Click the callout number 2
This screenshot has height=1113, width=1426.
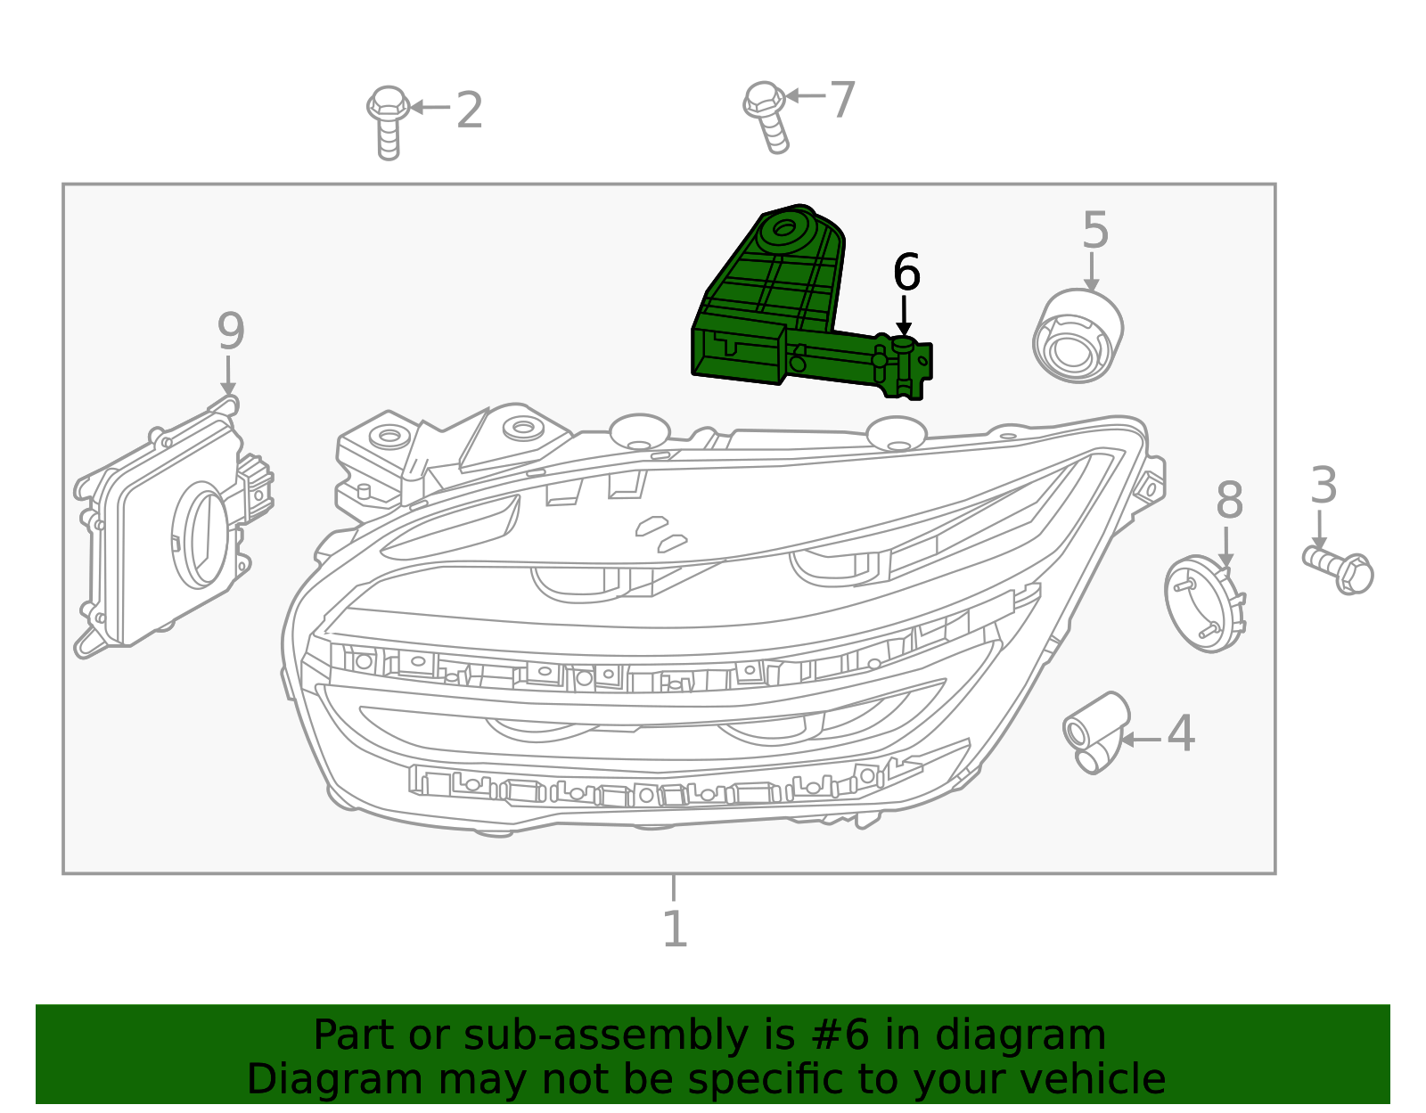click(469, 110)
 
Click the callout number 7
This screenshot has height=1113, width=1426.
click(842, 99)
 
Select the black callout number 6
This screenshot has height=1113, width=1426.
click(906, 273)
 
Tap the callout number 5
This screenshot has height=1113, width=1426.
click(1094, 231)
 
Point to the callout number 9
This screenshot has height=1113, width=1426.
click(231, 331)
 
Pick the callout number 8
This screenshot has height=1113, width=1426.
click(1229, 501)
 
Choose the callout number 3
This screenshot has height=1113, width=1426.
click(1324, 487)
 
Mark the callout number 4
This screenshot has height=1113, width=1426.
click(1181, 734)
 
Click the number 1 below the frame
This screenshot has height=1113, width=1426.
click(675, 929)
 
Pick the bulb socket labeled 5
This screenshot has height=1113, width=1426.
click(1078, 336)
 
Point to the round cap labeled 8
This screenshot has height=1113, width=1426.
click(1204, 603)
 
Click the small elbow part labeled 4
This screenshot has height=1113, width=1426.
click(1095, 731)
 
